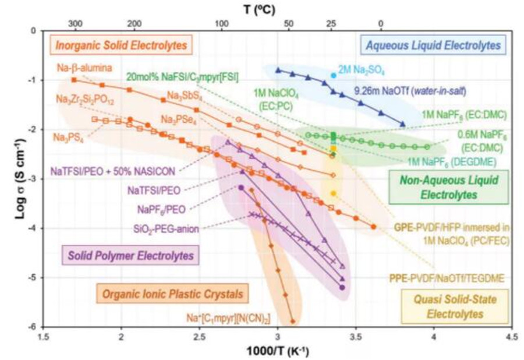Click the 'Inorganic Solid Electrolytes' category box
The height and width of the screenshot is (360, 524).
pos(122,45)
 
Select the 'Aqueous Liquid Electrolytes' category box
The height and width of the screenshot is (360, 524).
pos(433,44)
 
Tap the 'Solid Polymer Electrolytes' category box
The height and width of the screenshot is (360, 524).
pos(129,255)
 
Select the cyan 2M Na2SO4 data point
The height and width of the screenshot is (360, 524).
pos(333,75)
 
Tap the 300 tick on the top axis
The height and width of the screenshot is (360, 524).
pos(75,23)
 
